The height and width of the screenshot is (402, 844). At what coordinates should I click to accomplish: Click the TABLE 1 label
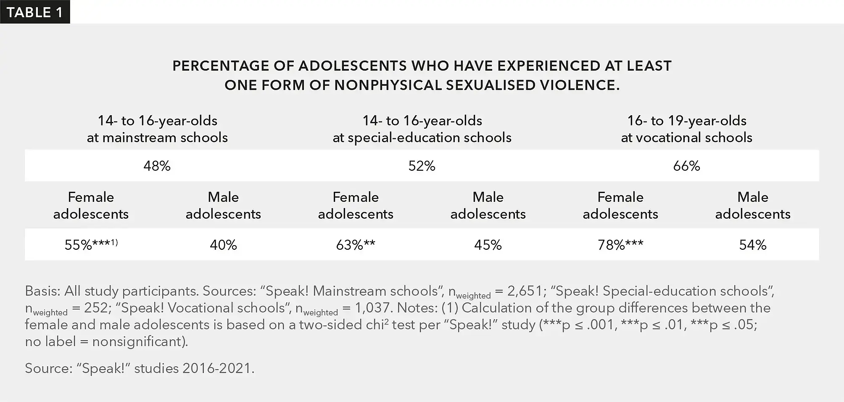click(x=34, y=12)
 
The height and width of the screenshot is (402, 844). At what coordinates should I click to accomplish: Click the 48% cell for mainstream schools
click(x=157, y=166)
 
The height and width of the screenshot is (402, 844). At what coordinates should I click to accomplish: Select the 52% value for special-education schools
click(x=422, y=166)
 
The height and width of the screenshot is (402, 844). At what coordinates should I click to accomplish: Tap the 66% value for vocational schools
click(x=686, y=166)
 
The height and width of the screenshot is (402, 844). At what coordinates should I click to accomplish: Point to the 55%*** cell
click(x=91, y=245)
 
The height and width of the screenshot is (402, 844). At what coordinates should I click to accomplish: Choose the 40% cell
click(x=223, y=245)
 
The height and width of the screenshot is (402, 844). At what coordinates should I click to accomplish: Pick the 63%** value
click(x=356, y=245)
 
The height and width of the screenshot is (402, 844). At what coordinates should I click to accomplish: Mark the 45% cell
click(x=488, y=245)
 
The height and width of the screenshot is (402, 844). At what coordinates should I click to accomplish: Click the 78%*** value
click(x=620, y=245)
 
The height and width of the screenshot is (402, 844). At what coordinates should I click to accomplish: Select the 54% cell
click(x=753, y=245)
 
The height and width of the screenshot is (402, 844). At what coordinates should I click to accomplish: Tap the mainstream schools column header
click(x=157, y=129)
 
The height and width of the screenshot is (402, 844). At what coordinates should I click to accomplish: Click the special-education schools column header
click(x=422, y=129)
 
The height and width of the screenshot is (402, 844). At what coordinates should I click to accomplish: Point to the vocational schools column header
click(x=687, y=129)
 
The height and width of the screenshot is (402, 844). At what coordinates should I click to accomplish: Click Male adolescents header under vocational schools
click(x=753, y=206)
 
